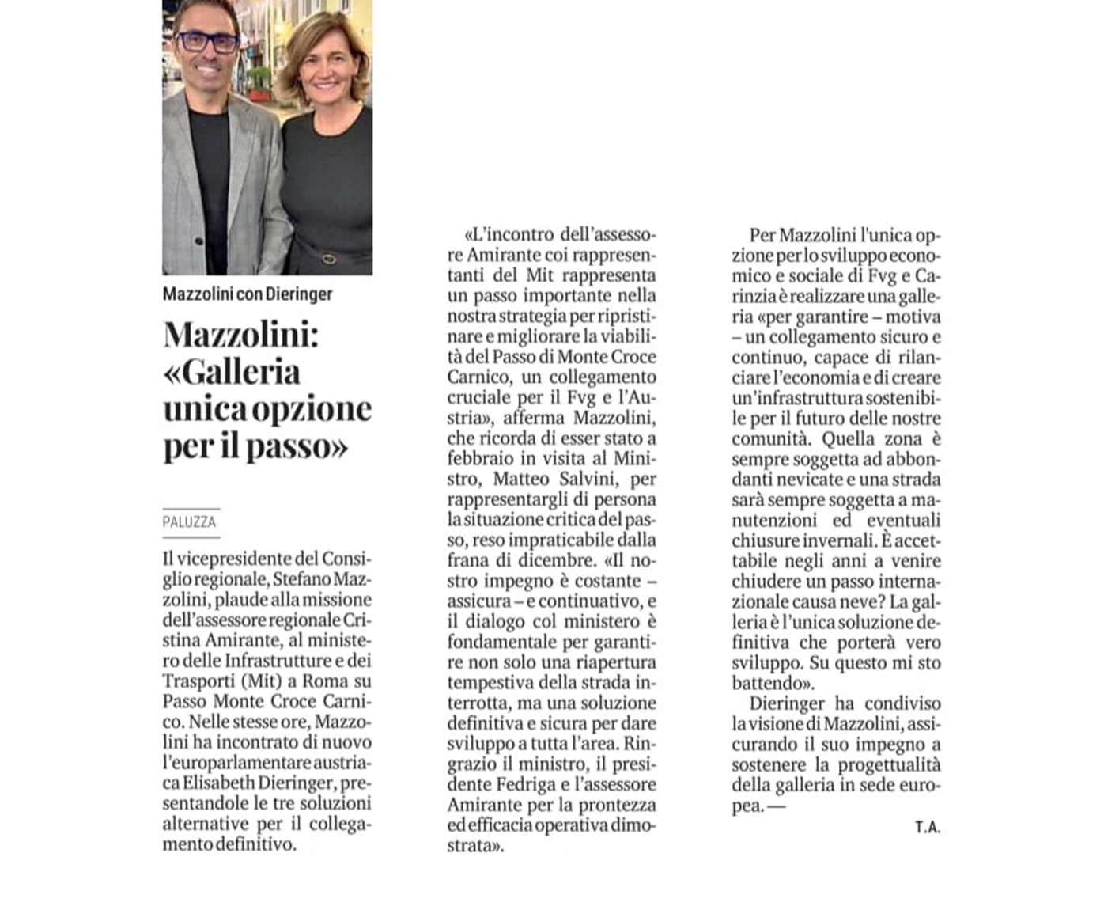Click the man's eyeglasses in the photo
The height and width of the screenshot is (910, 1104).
pyautogui.click(x=207, y=42)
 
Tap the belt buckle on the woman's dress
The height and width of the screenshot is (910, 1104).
pyautogui.click(x=328, y=258)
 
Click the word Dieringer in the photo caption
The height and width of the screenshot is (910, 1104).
pyautogui.click(x=299, y=294)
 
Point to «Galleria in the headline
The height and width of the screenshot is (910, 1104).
pyautogui.click(x=232, y=371)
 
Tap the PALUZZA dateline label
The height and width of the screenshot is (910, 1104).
pyautogui.click(x=189, y=522)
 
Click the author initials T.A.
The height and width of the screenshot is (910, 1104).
pyautogui.click(x=928, y=827)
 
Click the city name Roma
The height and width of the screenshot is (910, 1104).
pyautogui.click(x=325, y=681)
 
